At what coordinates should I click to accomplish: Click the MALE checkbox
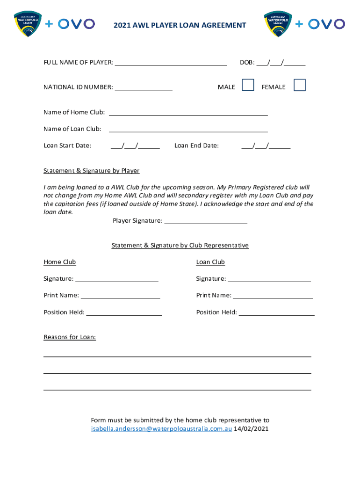[248, 85]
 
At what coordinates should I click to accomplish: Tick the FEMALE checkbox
[299, 85]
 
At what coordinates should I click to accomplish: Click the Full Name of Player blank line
[171, 63]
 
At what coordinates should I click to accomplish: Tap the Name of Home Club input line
[188, 113]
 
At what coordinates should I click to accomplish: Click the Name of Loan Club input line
[188, 130]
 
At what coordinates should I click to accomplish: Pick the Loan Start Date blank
[135, 146]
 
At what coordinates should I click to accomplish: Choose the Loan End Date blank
[266, 146]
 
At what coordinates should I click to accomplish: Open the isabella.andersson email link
[161, 429]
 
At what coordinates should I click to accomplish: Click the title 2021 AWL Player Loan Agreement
[180, 25]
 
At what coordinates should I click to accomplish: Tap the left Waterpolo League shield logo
[28, 24]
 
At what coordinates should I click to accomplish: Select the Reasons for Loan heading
[70, 337]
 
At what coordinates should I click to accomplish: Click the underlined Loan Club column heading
[210, 262]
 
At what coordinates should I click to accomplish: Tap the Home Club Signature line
[117, 279]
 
